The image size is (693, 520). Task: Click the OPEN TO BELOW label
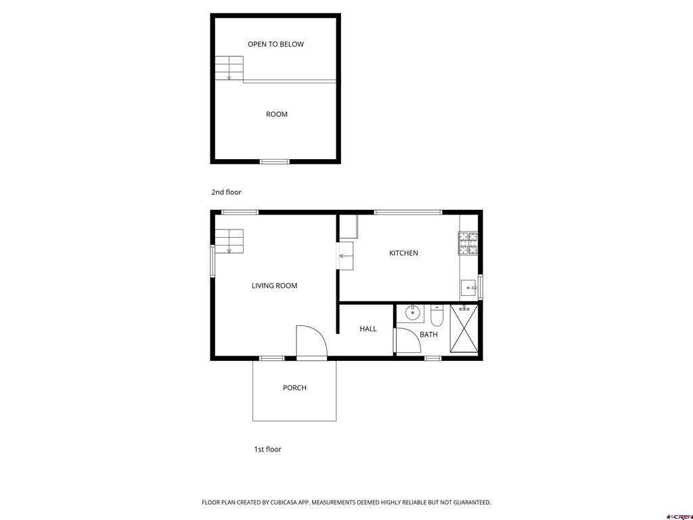[275, 44]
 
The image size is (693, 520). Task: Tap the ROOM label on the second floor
[276, 114]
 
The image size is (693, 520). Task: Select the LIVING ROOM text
[274, 286]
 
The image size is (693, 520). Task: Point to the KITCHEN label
[403, 253]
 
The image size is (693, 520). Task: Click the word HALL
[368, 329]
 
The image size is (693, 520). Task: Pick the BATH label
[428, 334]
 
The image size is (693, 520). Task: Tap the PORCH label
[294, 388]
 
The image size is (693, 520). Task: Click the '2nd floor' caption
[226, 192]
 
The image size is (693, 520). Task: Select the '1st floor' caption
[267, 449]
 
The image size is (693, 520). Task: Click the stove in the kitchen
[468, 244]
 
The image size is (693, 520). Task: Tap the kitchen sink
[469, 289]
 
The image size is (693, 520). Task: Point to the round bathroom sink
[411, 313]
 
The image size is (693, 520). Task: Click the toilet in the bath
[437, 316]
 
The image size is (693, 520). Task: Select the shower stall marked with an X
[464, 329]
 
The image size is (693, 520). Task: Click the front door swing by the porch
[311, 341]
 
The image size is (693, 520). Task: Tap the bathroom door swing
[408, 341]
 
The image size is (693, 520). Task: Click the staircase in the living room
[229, 241]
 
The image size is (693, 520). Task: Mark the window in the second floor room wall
[275, 161]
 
